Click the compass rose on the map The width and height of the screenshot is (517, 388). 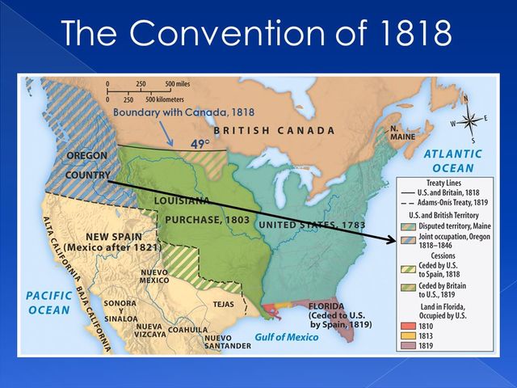coord(466,116)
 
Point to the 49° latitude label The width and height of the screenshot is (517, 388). coord(200,145)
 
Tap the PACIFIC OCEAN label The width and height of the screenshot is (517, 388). coord(49,303)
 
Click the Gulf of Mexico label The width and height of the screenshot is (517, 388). coord(287,337)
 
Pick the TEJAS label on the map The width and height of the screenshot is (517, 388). coord(222,305)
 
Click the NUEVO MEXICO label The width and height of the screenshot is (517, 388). coord(154,277)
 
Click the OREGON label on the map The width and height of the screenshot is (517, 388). coord(86,155)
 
